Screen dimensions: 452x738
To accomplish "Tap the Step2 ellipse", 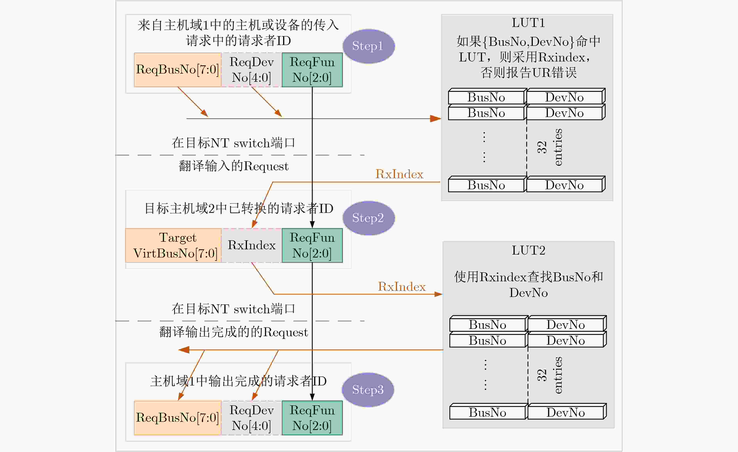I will tap(368, 218).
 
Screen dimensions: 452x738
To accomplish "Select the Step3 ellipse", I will tap(368, 390).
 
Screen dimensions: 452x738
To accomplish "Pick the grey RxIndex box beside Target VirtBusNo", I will tap(252, 245).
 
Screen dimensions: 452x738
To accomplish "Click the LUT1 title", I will tap(528, 23).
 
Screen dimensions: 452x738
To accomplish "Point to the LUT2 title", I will tap(528, 250).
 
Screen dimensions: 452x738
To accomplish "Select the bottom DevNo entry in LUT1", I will tap(565, 185).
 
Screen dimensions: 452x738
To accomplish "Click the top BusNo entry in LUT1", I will tap(486, 97).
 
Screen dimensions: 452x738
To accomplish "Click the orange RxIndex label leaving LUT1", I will tap(399, 174).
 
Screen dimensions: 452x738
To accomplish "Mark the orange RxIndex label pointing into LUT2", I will tap(402, 287).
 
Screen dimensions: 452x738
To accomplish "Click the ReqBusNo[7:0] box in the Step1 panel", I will tap(178, 70).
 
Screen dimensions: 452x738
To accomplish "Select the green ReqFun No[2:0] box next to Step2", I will tap(312, 245).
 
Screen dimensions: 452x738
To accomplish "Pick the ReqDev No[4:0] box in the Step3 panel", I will tap(252, 418).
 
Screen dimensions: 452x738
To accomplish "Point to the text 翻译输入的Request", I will tap(234, 166).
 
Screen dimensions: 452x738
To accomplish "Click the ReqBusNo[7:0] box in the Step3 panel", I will tap(178, 418).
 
